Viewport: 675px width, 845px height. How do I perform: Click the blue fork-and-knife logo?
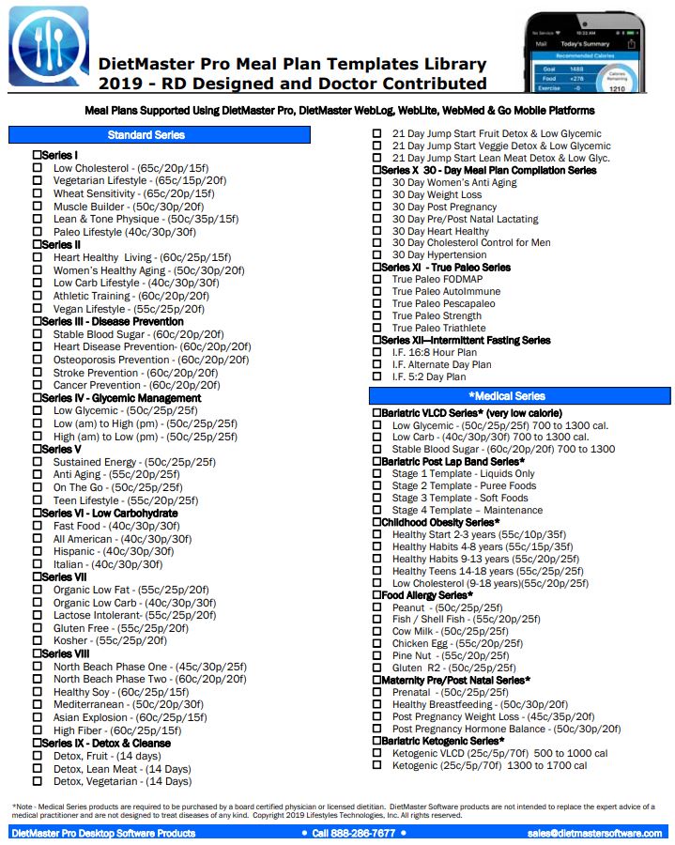point(49,46)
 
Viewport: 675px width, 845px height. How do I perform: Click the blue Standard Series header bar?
point(159,135)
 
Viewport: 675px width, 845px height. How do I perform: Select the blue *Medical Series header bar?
point(519,396)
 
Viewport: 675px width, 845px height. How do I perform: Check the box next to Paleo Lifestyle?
point(38,232)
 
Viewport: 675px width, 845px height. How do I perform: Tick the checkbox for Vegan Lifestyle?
point(38,309)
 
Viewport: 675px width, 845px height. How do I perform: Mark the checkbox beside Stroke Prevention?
point(38,373)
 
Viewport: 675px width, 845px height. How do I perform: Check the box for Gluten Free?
point(38,628)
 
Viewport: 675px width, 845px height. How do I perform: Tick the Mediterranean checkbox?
point(38,704)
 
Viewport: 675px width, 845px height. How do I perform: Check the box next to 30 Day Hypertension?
point(376,254)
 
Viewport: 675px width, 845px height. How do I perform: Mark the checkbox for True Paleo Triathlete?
point(376,329)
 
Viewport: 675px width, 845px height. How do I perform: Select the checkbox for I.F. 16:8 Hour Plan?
point(376,353)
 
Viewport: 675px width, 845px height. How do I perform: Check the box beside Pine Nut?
point(376,656)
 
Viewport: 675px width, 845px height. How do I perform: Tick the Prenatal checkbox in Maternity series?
point(376,692)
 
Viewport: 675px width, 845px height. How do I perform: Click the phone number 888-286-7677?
point(353,833)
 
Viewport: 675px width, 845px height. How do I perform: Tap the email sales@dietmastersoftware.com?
point(594,833)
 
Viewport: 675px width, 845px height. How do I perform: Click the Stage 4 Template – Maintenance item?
point(467,510)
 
